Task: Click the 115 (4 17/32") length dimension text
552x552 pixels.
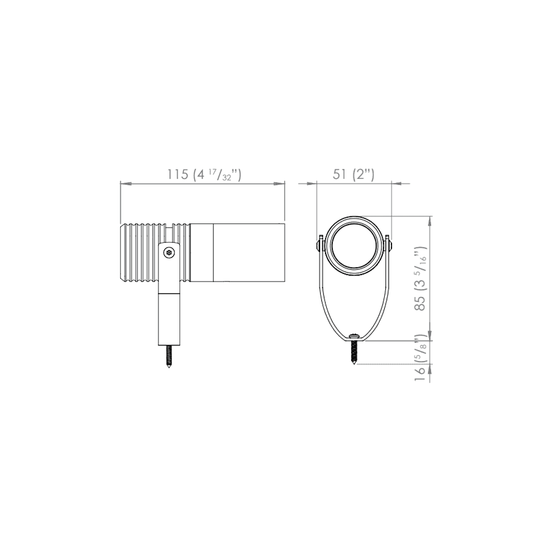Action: (204, 174)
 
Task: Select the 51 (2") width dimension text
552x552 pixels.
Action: (354, 174)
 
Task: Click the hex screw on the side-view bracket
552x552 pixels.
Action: (169, 253)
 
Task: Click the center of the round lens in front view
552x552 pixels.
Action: (354, 248)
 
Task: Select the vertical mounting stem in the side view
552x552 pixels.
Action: (169, 317)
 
